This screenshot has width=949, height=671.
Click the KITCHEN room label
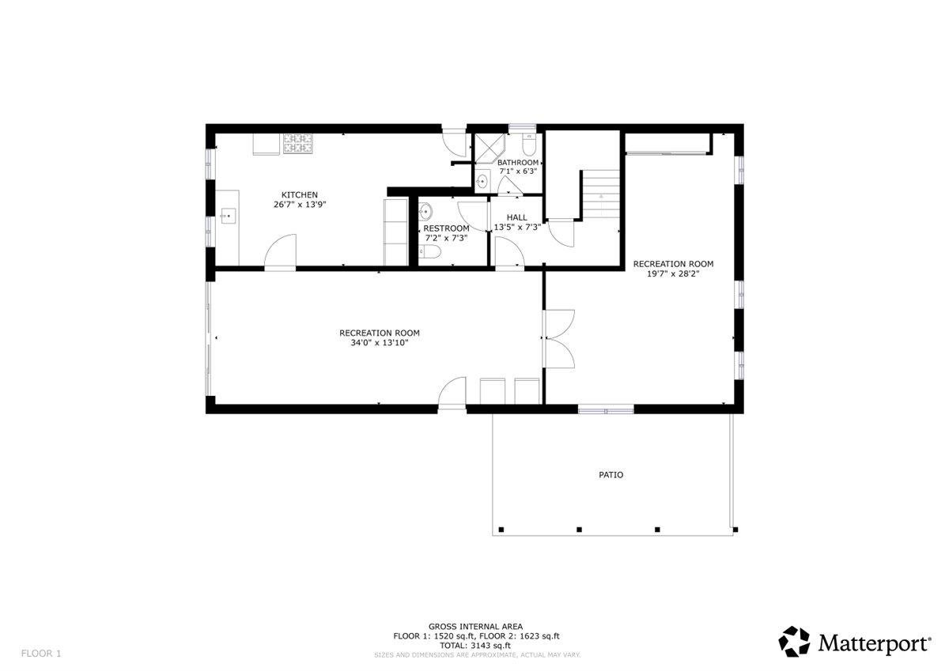(x=300, y=195)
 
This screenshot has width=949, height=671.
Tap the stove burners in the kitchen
(x=298, y=143)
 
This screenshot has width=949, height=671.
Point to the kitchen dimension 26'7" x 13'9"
(x=300, y=205)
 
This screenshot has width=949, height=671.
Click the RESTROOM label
(x=446, y=228)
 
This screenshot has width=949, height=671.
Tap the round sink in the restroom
(x=425, y=211)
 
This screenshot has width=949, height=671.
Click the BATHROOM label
(x=518, y=163)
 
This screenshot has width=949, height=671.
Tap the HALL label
(x=516, y=217)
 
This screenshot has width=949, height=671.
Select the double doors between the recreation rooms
(x=558, y=338)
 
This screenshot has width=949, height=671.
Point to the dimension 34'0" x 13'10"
(x=379, y=343)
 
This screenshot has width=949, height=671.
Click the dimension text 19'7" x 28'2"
(x=673, y=274)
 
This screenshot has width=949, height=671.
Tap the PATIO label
(x=610, y=475)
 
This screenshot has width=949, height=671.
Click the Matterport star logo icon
(x=795, y=642)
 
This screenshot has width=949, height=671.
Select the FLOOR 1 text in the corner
(x=40, y=654)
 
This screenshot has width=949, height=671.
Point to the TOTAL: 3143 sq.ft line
(x=475, y=645)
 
